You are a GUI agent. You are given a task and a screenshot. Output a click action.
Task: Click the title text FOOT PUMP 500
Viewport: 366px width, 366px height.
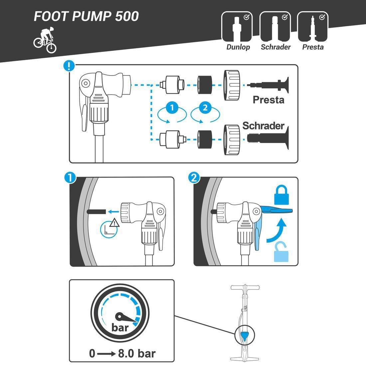[86, 16]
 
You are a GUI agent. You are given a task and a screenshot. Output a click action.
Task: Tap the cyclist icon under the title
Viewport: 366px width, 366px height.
[45, 40]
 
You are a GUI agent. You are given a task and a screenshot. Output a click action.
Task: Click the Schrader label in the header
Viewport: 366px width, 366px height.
[275, 47]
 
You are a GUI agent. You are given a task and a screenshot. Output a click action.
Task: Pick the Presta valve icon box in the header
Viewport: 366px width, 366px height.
[312, 26]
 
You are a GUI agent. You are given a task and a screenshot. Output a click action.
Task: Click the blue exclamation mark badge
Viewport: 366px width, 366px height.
[69, 66]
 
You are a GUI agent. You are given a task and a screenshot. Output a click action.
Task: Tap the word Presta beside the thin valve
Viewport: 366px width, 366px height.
[268, 99]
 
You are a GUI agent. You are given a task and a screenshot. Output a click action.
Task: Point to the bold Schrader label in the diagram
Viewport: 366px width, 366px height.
[263, 126]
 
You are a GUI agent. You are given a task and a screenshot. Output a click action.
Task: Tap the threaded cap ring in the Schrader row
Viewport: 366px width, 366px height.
[232, 140]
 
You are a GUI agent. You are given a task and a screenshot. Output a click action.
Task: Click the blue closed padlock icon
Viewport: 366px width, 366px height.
[281, 195]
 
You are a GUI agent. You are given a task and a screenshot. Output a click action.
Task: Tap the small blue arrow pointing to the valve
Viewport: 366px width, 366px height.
[113, 211]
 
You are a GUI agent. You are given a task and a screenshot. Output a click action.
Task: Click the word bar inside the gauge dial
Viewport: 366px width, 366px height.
[120, 327]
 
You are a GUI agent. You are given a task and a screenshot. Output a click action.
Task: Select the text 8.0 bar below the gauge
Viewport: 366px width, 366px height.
[137, 353]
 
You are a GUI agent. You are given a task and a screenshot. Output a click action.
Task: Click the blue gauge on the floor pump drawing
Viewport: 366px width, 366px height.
[244, 334]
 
